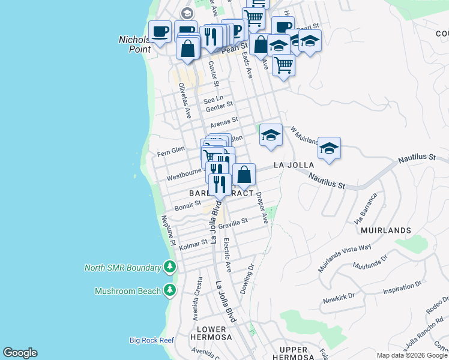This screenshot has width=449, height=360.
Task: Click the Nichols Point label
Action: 134,44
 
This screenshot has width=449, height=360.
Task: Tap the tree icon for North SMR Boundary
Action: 170,268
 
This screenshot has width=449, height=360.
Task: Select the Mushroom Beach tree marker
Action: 170,291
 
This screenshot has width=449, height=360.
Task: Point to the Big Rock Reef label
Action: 151,340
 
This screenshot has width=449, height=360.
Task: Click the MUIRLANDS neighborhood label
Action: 386,230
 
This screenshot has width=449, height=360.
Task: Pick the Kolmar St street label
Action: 193,243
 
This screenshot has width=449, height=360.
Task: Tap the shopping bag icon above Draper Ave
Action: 244,175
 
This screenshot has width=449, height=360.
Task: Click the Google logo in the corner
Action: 20,353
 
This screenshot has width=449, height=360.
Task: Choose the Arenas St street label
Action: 224,122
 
